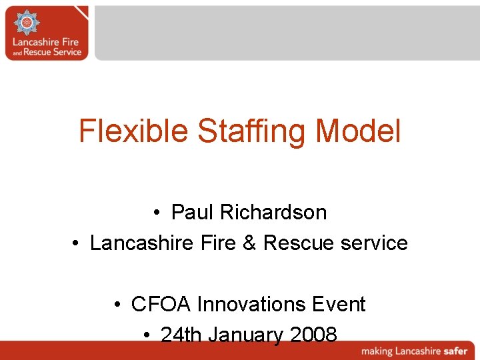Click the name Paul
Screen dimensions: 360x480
coord(192,212)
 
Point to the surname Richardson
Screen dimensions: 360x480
coord(273,212)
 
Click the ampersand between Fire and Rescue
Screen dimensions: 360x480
coord(249,243)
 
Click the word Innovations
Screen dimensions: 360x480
coord(253,304)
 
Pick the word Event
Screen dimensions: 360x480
coord(340,304)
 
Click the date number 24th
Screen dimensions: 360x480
coord(181,334)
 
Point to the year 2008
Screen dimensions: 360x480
coord(313,334)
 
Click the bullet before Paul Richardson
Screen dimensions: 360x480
coord(155,213)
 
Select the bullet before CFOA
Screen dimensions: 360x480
coord(116,305)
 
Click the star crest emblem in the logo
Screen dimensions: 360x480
coord(27,23)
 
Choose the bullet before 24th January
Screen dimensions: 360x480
coord(145,335)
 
